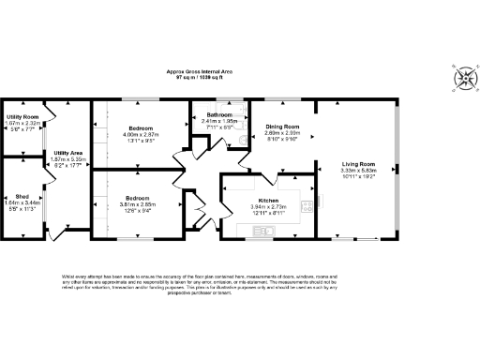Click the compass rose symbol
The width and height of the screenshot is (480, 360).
pyautogui.click(x=465, y=76)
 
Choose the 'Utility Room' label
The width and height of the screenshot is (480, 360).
pyautogui.click(x=21, y=117)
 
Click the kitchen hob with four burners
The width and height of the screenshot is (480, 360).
pyautogui.click(x=306, y=204)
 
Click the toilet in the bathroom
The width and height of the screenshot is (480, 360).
pyautogui.click(x=240, y=140)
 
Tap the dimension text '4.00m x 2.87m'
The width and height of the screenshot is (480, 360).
pyautogui.click(x=142, y=134)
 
